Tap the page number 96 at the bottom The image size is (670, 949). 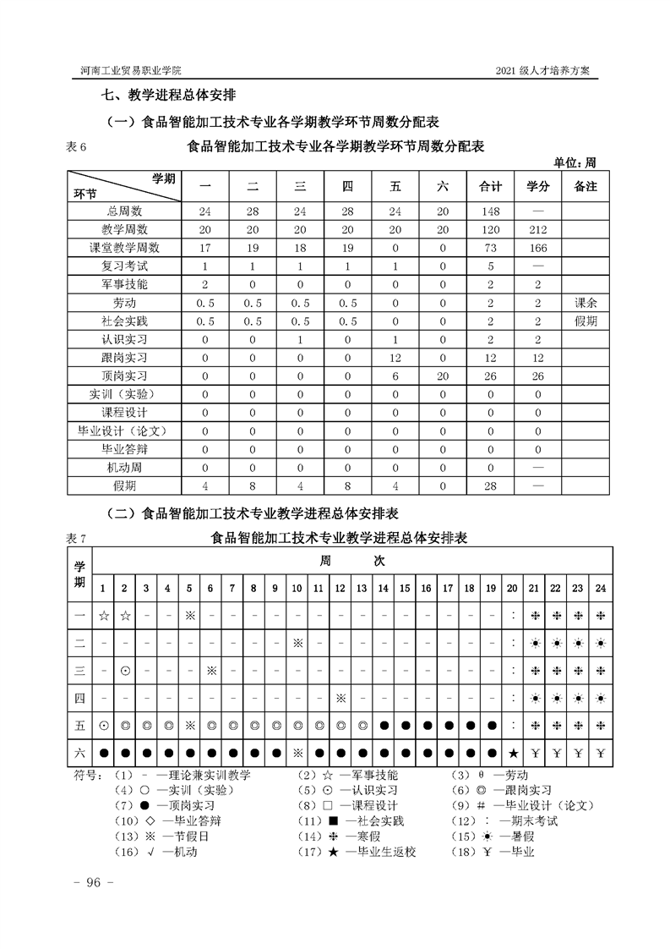(88, 882)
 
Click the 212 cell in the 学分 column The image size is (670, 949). (537, 229)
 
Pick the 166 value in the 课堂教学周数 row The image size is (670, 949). (537, 248)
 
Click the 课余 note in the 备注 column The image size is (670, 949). (585, 303)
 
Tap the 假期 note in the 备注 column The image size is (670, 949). (585, 321)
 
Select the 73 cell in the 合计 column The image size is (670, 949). (491, 248)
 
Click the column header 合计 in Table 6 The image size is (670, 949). (491, 186)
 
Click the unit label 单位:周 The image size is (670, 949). (575, 162)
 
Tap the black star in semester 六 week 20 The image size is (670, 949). (513, 753)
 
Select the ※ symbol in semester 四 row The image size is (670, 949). (340, 698)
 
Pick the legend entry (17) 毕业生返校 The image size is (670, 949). (372, 852)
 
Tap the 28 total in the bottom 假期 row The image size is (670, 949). (491, 486)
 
